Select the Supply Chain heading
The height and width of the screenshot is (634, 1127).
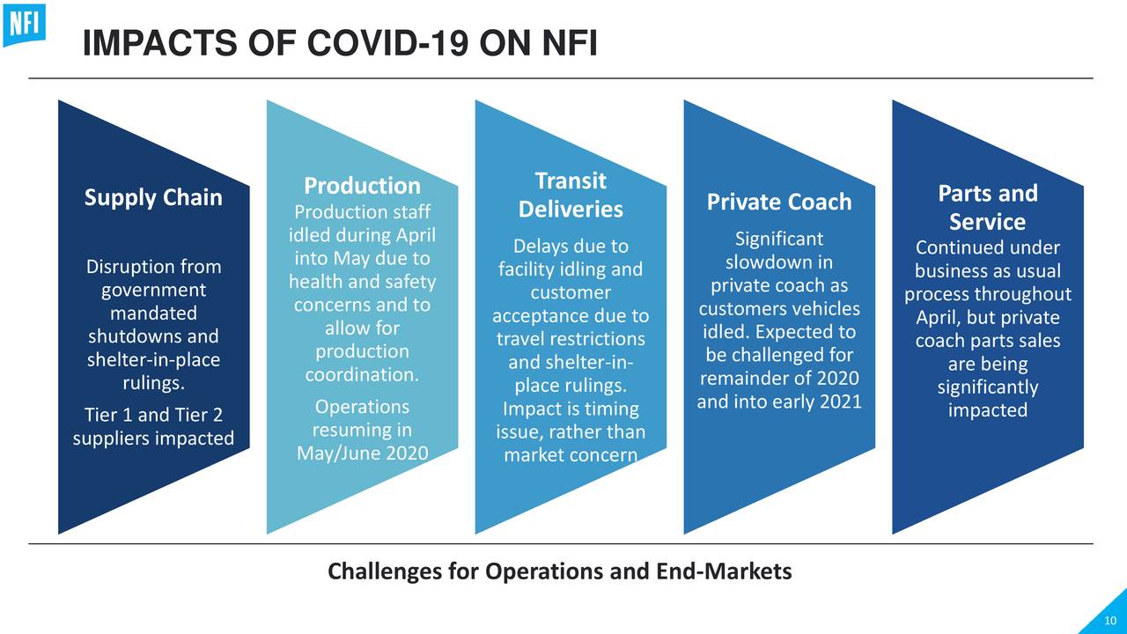(153, 197)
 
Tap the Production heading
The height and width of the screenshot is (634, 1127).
(362, 186)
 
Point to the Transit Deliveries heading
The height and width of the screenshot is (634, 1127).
(571, 195)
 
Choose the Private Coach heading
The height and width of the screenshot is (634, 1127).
(779, 203)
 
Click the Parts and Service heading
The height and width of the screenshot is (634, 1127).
(987, 207)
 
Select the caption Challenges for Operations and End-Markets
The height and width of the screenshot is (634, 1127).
(560, 571)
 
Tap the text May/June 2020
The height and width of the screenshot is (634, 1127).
(362, 453)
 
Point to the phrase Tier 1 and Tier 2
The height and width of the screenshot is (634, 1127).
(153, 415)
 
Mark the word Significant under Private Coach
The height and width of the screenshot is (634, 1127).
(779, 239)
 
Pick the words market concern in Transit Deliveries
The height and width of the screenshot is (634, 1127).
(571, 455)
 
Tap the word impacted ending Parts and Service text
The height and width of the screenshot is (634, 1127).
(987, 410)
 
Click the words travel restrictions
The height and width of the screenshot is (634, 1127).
(571, 339)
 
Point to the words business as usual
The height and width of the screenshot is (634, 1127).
(987, 271)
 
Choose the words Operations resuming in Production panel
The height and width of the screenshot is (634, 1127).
(362, 418)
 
